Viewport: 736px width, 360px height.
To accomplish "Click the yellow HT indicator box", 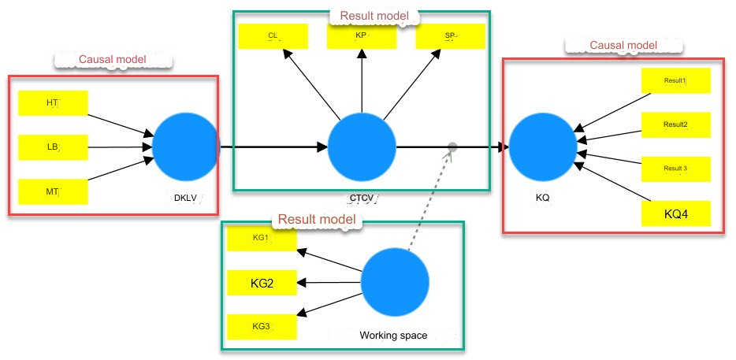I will [53, 102].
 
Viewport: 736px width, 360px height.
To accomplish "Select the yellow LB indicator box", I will [53, 147].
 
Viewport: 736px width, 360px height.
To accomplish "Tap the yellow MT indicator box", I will [53, 191].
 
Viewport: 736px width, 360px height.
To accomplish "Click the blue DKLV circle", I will [186, 147].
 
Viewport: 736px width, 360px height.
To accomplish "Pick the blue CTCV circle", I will [362, 147].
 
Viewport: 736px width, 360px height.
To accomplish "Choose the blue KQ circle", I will [542, 147].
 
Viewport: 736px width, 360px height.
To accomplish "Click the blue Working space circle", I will [395, 283].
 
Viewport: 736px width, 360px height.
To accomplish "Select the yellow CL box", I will [273, 36].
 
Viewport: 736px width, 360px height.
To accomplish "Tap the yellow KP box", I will [362, 36].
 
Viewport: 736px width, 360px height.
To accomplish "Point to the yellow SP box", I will [450, 36].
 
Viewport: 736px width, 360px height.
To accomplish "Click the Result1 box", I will [676, 80].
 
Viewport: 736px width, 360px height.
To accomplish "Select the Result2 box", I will [676, 124].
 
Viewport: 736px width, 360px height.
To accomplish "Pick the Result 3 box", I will [676, 169].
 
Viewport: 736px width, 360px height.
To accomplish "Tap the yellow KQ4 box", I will [676, 213].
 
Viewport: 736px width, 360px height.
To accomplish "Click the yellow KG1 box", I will [262, 239].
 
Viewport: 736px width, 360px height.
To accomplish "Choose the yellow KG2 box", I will [262, 283].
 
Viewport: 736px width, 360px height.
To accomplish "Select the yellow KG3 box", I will [262, 326].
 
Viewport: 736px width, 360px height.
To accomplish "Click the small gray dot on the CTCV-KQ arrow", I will [452, 147].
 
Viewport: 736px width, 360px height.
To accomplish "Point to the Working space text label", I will [393, 336].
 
